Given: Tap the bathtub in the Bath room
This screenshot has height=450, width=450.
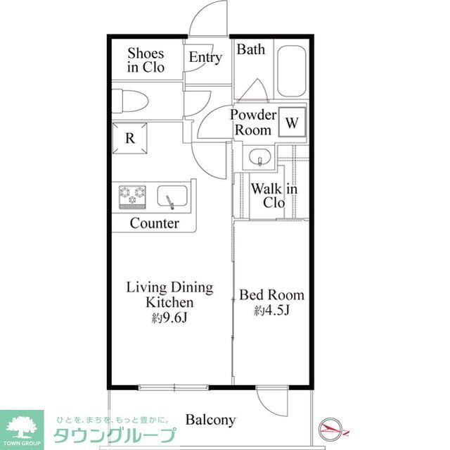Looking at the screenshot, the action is click(x=291, y=70).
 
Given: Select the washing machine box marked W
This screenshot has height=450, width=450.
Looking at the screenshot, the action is click(x=292, y=122).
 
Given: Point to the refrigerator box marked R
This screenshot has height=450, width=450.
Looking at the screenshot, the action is click(x=129, y=138).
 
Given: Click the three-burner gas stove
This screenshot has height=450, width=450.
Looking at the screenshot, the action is click(x=132, y=196).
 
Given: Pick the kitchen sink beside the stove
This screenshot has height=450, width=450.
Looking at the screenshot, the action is click(x=172, y=196).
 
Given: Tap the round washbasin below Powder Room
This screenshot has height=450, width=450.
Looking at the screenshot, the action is click(x=259, y=157).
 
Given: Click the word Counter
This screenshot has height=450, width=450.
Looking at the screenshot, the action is click(x=155, y=223).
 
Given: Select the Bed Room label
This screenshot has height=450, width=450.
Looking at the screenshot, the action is click(x=271, y=295).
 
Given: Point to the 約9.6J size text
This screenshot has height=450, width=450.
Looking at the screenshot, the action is click(x=169, y=318).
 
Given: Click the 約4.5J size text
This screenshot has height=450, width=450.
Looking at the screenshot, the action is click(x=271, y=310).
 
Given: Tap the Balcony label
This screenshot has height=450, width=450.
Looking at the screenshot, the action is click(x=211, y=420).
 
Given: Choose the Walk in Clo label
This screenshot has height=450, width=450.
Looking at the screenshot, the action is click(x=274, y=196).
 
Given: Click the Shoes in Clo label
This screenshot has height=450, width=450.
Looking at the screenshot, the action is click(x=146, y=61).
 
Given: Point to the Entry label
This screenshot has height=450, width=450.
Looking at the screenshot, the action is click(x=205, y=57).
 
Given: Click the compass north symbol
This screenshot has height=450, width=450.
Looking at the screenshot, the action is click(x=331, y=430).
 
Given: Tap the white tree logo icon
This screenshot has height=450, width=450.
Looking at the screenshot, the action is click(x=22, y=427).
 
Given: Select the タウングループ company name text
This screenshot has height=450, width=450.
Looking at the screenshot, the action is click(x=115, y=435).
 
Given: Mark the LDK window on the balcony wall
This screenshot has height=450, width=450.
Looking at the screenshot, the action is click(x=174, y=387).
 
